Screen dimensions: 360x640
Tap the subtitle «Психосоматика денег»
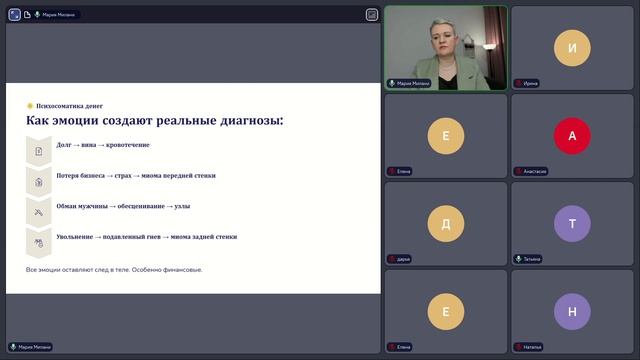click(x=68, y=105)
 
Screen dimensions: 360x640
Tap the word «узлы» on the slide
click(x=182, y=206)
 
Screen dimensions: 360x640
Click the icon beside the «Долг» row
click(x=39, y=150)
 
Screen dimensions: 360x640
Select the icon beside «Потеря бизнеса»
click(x=39, y=181)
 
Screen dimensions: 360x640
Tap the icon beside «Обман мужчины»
click(x=39, y=212)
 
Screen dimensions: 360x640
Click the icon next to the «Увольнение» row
click(x=39, y=242)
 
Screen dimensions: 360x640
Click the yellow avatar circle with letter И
click(x=572, y=48)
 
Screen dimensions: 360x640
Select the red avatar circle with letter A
click(x=572, y=136)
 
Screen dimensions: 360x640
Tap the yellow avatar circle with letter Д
click(x=446, y=223)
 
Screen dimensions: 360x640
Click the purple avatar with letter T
click(x=572, y=223)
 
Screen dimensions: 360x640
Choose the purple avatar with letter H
click(x=572, y=311)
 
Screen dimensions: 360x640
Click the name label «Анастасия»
click(x=534, y=171)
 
